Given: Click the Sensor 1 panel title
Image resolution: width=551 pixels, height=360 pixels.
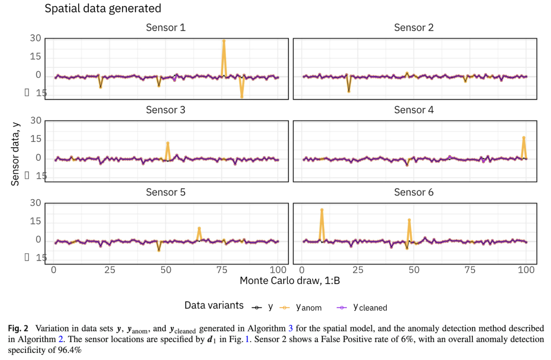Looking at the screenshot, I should tap(166, 28).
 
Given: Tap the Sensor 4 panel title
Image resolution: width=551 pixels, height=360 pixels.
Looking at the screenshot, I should tap(414, 110).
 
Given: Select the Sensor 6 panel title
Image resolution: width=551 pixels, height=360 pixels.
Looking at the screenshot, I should tap(414, 193).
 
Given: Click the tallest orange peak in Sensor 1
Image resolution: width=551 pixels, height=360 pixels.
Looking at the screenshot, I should tap(223, 40).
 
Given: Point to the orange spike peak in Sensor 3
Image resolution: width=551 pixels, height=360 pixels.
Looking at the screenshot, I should tap(168, 143).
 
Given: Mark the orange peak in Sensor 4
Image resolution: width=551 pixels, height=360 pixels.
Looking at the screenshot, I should tap(523, 138).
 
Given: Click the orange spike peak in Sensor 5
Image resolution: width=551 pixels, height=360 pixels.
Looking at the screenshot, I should tap(199, 228).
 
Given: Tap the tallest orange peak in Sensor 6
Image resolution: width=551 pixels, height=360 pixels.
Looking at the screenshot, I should tap(322, 210).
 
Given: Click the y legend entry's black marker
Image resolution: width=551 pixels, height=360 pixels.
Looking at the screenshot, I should tap(257, 307).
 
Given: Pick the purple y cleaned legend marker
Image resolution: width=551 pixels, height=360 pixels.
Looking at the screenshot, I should tap(342, 307).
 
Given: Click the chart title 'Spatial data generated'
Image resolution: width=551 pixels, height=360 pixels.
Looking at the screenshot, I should tap(103, 9).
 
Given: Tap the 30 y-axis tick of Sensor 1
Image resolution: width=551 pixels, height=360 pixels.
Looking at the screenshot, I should tap(35, 38).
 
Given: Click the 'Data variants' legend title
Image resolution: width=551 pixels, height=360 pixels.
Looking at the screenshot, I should tap(214, 306).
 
